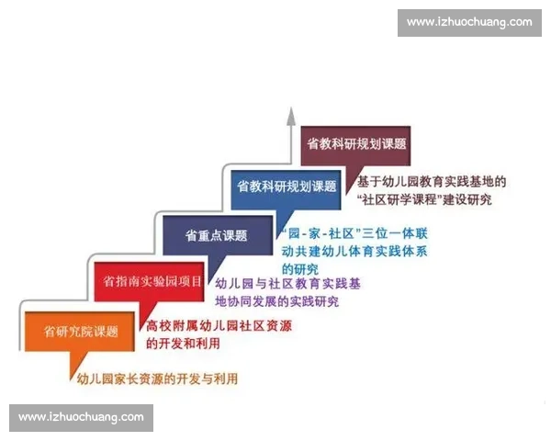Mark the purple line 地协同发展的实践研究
(x=276, y=301)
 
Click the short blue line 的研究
(x=300, y=268)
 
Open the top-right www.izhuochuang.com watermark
(x=469, y=22)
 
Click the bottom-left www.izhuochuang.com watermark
(x=81, y=417)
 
